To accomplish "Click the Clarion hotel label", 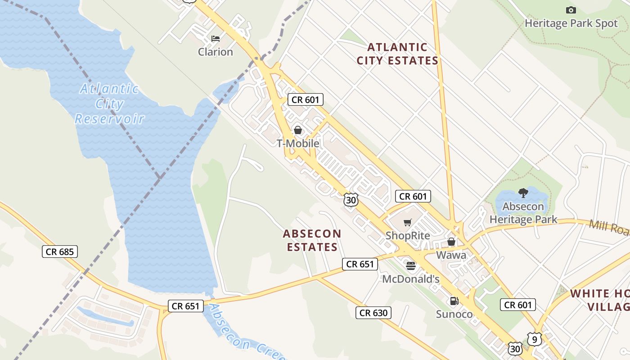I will pyautogui.click(x=216, y=52).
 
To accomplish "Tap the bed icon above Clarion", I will pyautogui.click(x=216, y=38).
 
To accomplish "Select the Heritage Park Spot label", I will pyautogui.click(x=571, y=23).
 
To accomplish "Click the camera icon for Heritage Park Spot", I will pyautogui.click(x=571, y=10).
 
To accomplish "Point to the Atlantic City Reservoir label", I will pyautogui.click(x=109, y=104).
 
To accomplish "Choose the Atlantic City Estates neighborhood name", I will pyautogui.click(x=397, y=54).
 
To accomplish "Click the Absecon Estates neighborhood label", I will pyautogui.click(x=312, y=240).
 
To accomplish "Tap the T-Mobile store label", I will pyautogui.click(x=297, y=144).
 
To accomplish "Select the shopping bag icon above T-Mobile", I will pyautogui.click(x=297, y=130).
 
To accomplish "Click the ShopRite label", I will pyautogui.click(x=408, y=235).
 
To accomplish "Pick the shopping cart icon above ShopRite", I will pyautogui.click(x=408, y=222).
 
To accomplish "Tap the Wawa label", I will pyautogui.click(x=451, y=255).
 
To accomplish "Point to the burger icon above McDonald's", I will pyautogui.click(x=410, y=265).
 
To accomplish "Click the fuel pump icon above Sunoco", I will pyautogui.click(x=454, y=301).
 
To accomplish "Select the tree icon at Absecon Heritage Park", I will pyautogui.click(x=523, y=193).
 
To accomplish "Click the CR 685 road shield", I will pyautogui.click(x=60, y=252).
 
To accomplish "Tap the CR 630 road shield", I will pyautogui.click(x=373, y=313).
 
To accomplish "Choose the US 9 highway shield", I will pyautogui.click(x=534, y=339).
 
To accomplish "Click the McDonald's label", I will pyautogui.click(x=410, y=279).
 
